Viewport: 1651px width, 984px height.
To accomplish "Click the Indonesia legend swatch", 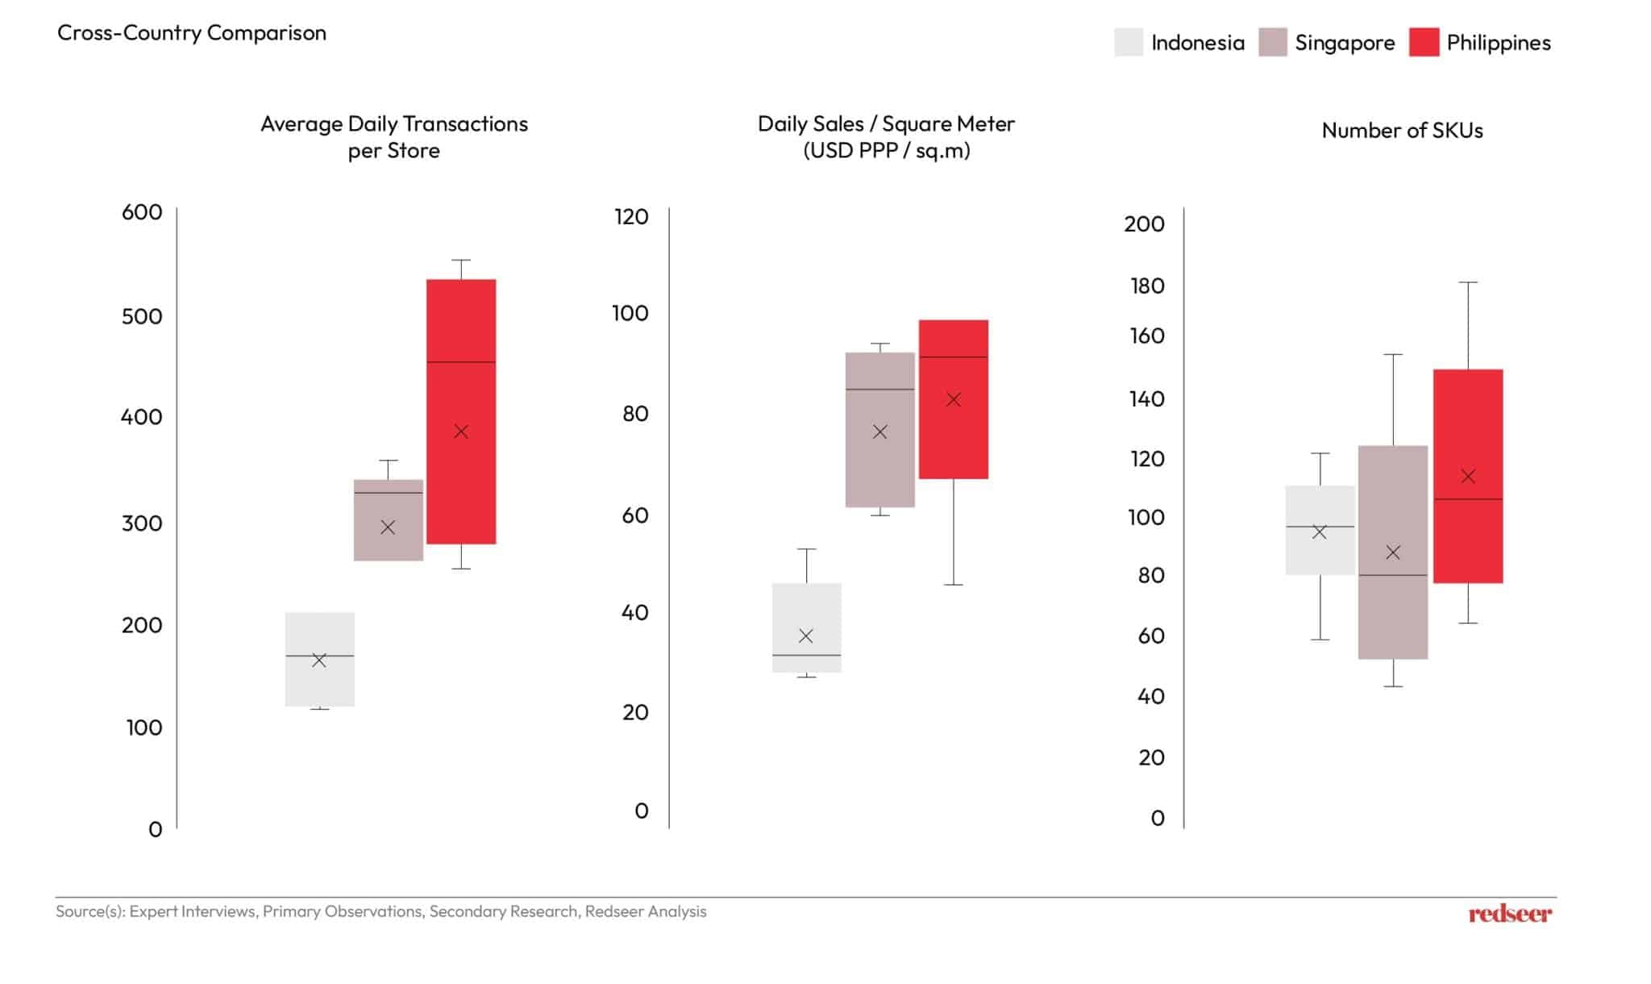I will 1129,42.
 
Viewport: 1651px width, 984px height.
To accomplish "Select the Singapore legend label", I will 1345,43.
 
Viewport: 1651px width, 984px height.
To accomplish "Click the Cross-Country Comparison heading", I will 192,33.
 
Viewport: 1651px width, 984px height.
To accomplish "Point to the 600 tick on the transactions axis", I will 142,212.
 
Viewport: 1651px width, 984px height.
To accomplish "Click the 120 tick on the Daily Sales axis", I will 631,216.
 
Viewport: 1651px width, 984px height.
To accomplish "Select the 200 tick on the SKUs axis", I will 1144,224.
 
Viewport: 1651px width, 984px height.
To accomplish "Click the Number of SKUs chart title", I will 1402,131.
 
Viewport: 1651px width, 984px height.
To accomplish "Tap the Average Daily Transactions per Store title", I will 394,136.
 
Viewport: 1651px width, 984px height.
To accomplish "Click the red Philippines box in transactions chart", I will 461,484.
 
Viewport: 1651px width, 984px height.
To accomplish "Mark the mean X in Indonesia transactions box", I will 319,661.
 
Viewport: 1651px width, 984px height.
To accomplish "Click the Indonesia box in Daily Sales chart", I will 806,613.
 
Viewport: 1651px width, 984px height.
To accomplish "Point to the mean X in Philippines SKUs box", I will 1468,477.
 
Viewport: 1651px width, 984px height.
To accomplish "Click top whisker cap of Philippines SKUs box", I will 1468,282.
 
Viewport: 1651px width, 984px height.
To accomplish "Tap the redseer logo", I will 1509,914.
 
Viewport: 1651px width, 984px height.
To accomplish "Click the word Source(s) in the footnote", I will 90,911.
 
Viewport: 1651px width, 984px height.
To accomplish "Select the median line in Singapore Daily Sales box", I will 880,390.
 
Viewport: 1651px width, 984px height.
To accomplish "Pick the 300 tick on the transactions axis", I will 142,523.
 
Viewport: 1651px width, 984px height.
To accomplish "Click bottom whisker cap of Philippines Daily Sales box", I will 954,585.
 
